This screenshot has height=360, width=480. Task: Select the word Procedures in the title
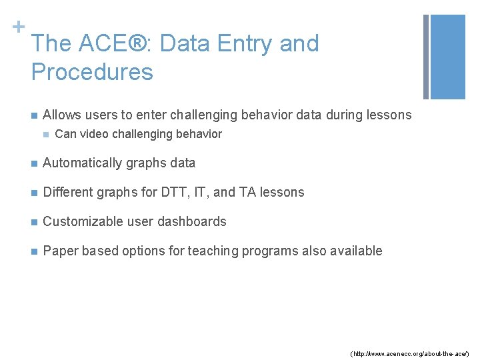pyautogui.click(x=92, y=72)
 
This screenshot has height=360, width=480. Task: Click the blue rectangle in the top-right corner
pyautogui.click(x=449, y=57)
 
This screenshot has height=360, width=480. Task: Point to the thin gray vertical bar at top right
pyautogui.click(x=425, y=57)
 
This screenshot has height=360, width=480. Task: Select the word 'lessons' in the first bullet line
pyautogui.click(x=389, y=115)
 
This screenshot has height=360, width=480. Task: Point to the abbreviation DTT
pyautogui.click(x=175, y=192)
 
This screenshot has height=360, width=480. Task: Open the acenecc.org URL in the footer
pyautogui.click(x=409, y=351)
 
